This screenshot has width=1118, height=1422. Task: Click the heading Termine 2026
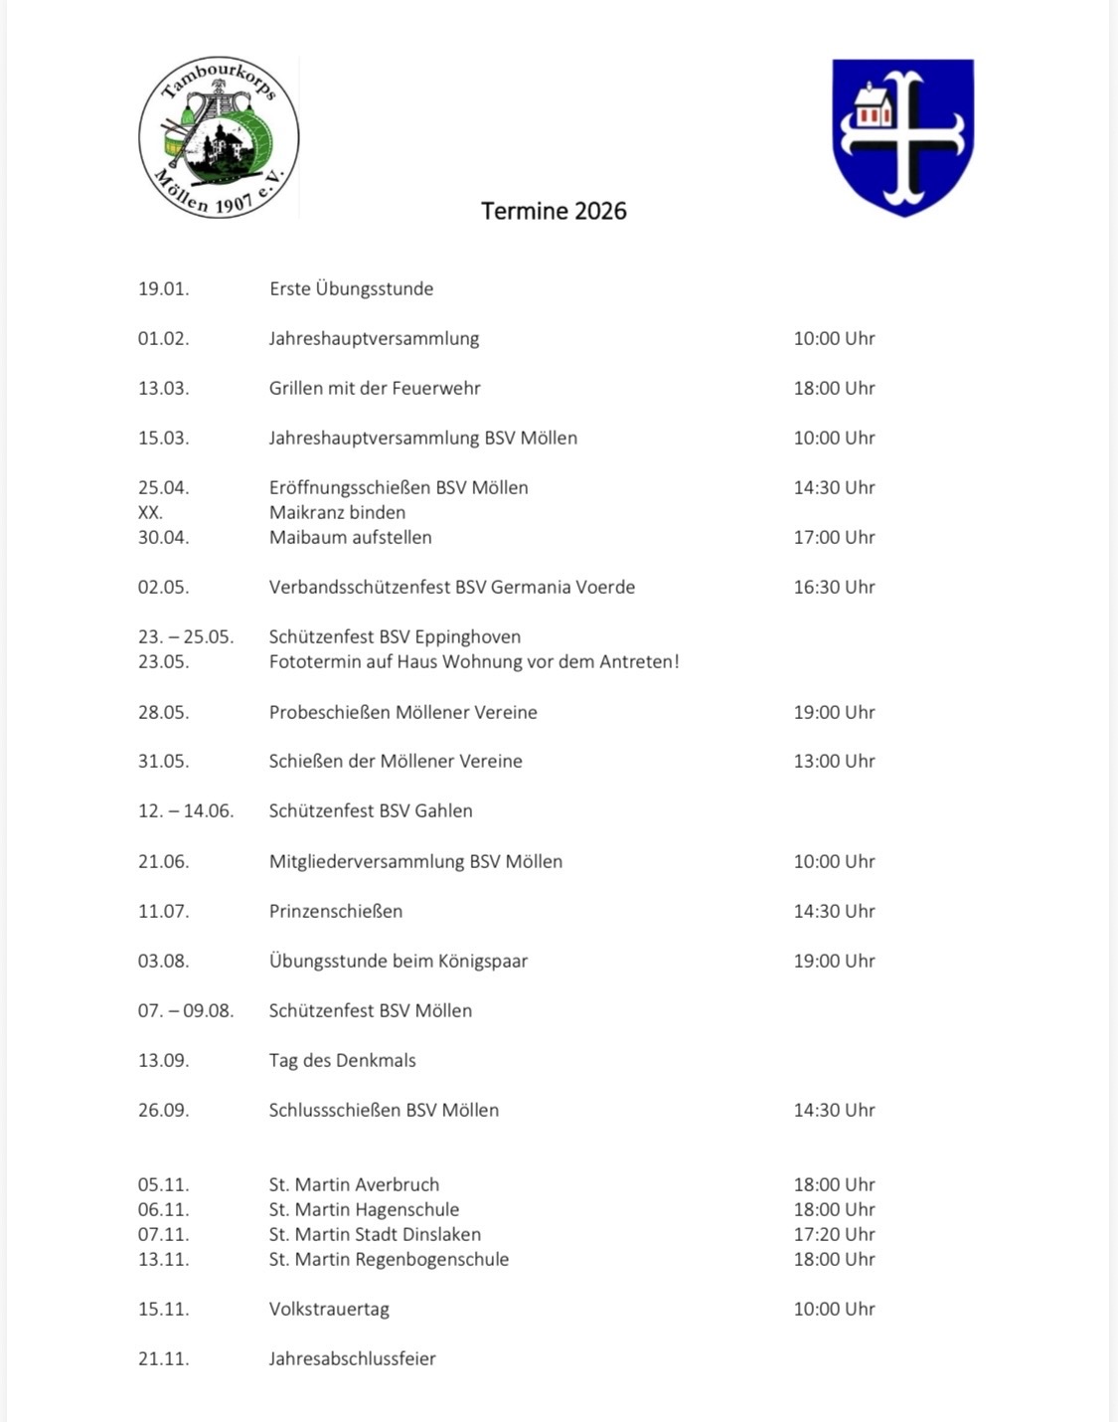554,211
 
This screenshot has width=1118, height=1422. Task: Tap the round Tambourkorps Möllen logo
219,137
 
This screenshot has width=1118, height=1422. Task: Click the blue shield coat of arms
902,136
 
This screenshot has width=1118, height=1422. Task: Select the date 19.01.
163,289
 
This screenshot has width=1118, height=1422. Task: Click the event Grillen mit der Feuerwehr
375,389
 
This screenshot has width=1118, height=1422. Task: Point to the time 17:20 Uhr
834,1234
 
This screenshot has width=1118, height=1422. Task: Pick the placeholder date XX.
150,513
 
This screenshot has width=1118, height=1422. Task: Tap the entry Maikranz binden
337,513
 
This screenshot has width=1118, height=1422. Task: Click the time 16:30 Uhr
834,588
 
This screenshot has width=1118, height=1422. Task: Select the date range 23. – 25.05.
186,637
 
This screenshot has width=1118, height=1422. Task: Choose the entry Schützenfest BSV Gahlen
371,811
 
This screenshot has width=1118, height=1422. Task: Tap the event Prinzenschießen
336,911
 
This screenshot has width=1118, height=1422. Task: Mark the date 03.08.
163,962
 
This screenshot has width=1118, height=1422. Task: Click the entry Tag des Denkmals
342,1061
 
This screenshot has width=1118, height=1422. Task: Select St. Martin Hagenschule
364,1210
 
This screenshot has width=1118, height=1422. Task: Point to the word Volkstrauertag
329,1310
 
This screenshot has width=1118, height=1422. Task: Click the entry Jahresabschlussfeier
352,1359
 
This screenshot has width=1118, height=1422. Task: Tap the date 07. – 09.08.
186,1011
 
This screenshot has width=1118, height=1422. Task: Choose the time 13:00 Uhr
834,762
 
